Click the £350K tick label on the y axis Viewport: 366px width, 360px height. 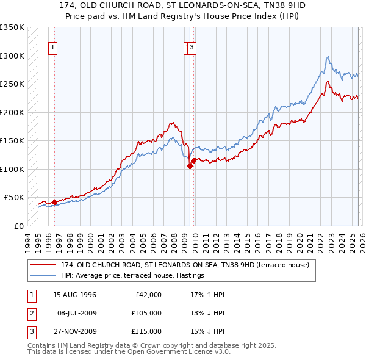coord(12,27)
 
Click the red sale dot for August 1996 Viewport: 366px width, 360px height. coord(54,202)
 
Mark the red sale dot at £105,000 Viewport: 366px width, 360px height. coord(190,166)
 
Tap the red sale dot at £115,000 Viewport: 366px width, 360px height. coord(193,160)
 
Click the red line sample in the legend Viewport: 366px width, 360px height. coord(43,265)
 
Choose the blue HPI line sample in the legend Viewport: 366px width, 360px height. coord(43,276)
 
